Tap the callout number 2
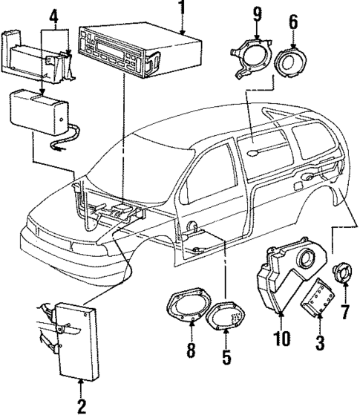point(81,405)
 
